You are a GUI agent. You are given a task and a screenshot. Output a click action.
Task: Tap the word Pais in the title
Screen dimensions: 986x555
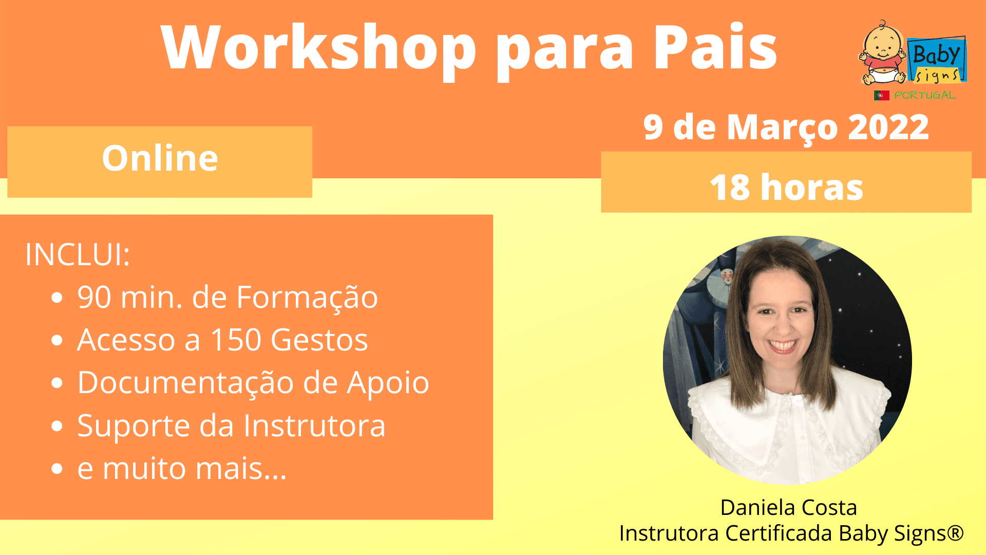click(715, 47)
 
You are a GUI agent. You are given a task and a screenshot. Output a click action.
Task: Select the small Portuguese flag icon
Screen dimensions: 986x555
click(881, 95)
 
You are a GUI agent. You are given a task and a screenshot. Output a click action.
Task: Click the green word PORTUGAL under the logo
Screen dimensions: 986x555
click(925, 95)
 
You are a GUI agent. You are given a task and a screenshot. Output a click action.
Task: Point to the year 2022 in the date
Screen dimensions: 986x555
click(888, 127)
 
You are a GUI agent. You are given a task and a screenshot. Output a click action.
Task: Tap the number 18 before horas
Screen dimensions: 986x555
click(730, 188)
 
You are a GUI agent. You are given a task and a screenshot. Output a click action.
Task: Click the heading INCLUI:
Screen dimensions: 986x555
click(78, 254)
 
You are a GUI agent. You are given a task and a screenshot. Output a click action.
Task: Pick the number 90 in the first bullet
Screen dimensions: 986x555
click(94, 298)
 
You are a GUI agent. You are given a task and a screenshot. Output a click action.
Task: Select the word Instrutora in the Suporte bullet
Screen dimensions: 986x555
click(314, 426)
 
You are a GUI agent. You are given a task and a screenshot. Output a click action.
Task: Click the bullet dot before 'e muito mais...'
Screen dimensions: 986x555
click(57, 469)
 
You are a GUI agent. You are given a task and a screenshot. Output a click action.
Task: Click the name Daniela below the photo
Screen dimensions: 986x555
click(757, 508)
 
